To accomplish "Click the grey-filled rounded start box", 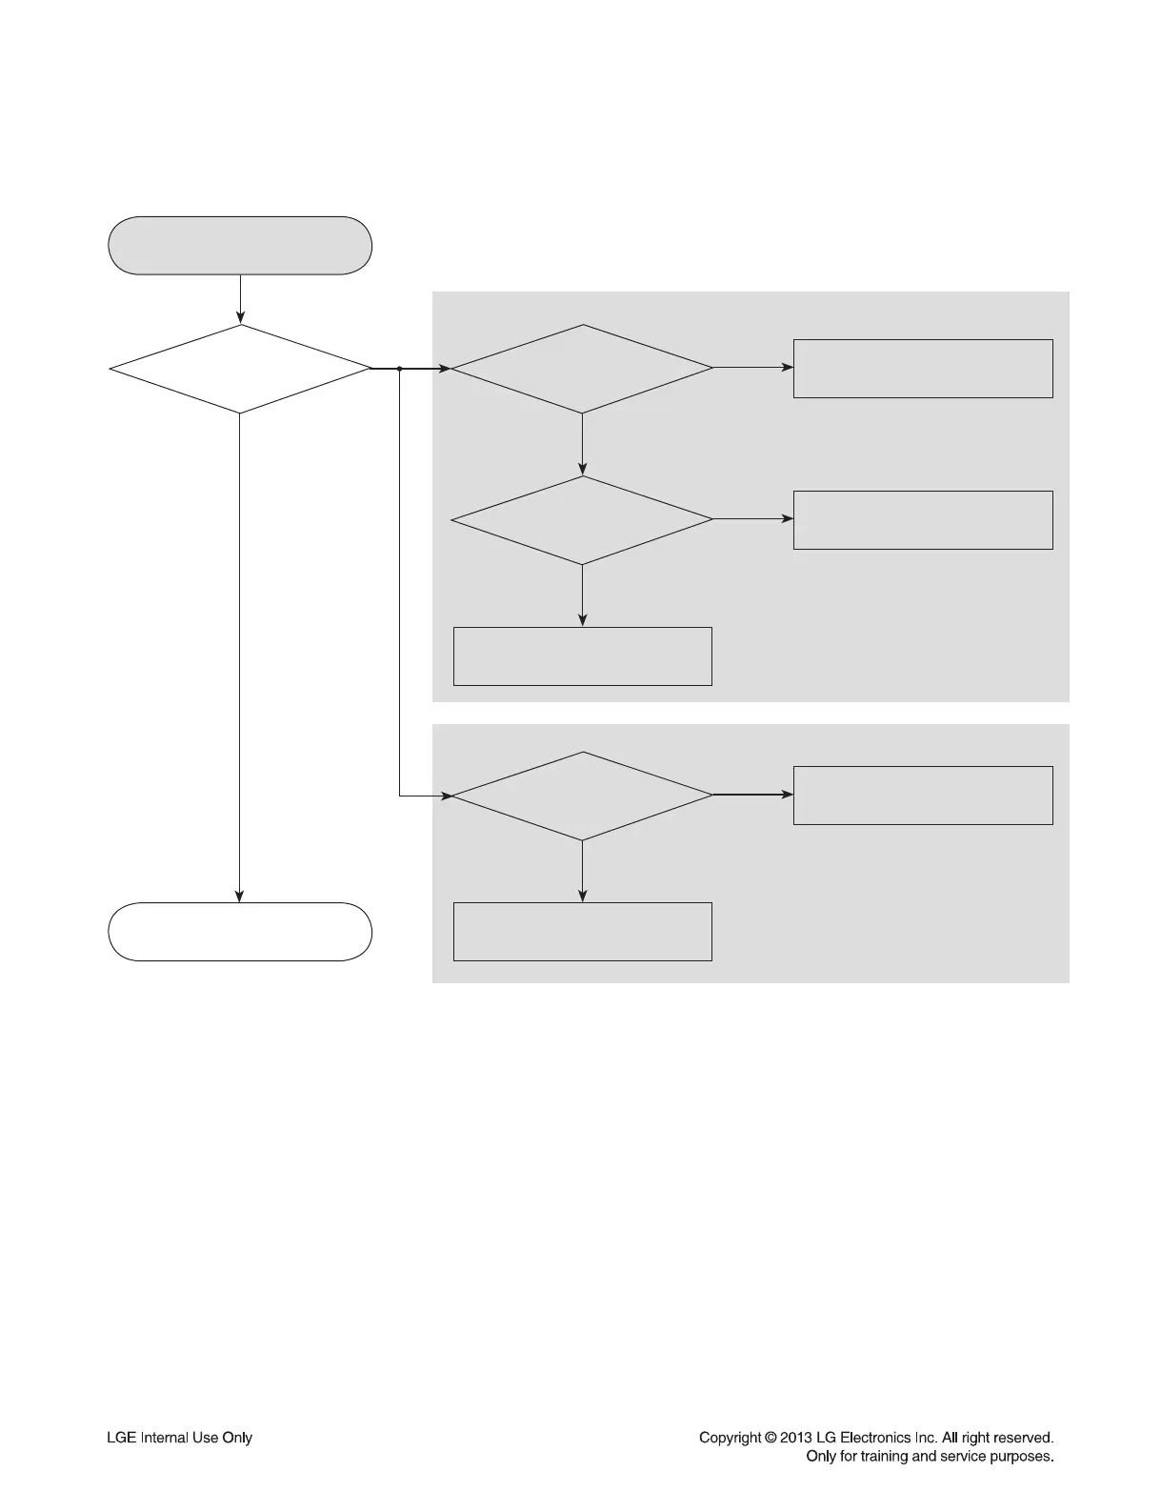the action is [240, 246].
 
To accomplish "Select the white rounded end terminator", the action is [240, 932].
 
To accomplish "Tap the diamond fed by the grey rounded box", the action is [240, 369].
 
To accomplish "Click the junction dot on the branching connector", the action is [399, 369].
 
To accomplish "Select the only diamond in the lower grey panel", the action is [582, 796].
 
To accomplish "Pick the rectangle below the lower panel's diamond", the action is [582, 932].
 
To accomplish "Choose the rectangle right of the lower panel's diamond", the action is [923, 796].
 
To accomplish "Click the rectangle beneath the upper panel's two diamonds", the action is [582, 656].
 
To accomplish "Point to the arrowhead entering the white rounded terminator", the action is [240, 897].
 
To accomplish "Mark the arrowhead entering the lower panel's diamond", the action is [445, 796].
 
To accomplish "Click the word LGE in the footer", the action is [121, 1438].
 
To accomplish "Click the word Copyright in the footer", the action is [731, 1438].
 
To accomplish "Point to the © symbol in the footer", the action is [771, 1438].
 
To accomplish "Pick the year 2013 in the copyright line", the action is [796, 1438].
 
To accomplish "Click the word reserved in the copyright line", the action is [1023, 1438].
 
